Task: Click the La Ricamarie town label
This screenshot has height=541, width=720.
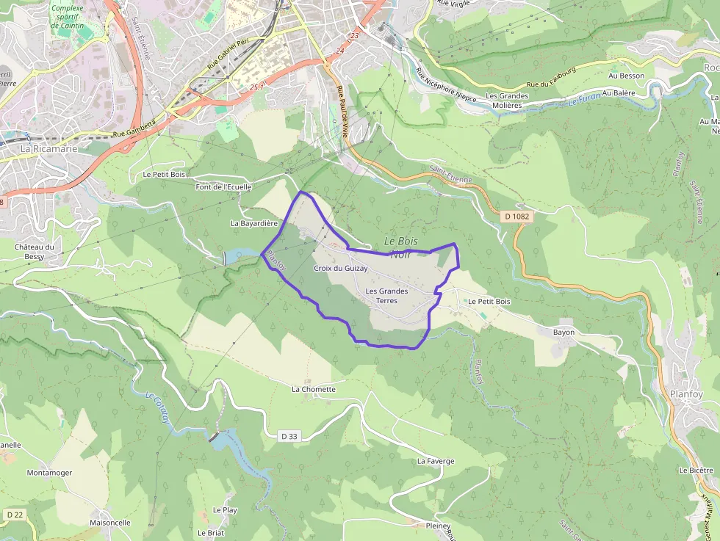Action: pyautogui.click(x=45, y=148)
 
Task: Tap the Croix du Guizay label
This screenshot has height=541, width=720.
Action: pyautogui.click(x=340, y=269)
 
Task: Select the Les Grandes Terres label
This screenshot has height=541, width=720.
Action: pyautogui.click(x=386, y=296)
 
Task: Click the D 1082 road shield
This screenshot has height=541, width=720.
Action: pyautogui.click(x=517, y=217)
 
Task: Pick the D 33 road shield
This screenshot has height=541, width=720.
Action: pyautogui.click(x=289, y=436)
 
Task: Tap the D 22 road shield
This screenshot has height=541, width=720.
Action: pyautogui.click(x=15, y=515)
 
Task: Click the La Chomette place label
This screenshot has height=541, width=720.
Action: pyautogui.click(x=314, y=389)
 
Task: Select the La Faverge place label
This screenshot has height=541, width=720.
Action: pyautogui.click(x=436, y=461)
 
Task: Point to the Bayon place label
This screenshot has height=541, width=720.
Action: pyautogui.click(x=564, y=332)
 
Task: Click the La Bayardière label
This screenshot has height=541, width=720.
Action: pyautogui.click(x=254, y=223)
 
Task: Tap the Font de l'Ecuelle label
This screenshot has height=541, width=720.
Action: pyautogui.click(x=223, y=187)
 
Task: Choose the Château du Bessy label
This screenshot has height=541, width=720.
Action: pyautogui.click(x=35, y=252)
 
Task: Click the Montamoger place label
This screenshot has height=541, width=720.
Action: pyautogui.click(x=49, y=473)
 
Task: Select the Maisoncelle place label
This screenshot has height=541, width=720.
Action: pyautogui.click(x=110, y=523)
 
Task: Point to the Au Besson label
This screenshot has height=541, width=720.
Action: pyautogui.click(x=627, y=76)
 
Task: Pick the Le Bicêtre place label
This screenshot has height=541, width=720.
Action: pyautogui.click(x=696, y=470)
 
